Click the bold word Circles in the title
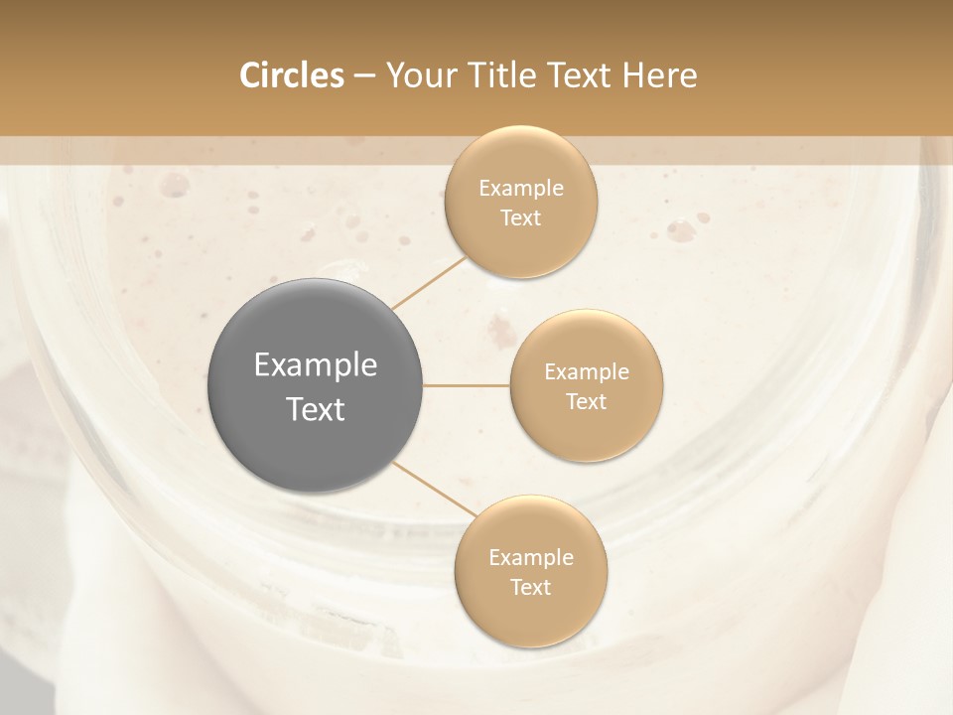[x=292, y=75]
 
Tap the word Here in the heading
[x=659, y=75]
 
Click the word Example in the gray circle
[x=316, y=365]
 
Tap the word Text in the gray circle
[x=316, y=409]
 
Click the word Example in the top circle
[x=520, y=189]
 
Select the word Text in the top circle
[x=520, y=218]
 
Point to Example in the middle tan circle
[x=586, y=372]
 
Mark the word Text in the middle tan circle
[x=586, y=402]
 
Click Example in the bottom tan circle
[x=530, y=558]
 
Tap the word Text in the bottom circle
[x=530, y=588]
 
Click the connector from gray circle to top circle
[x=429, y=283]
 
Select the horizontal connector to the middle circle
[x=467, y=385]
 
